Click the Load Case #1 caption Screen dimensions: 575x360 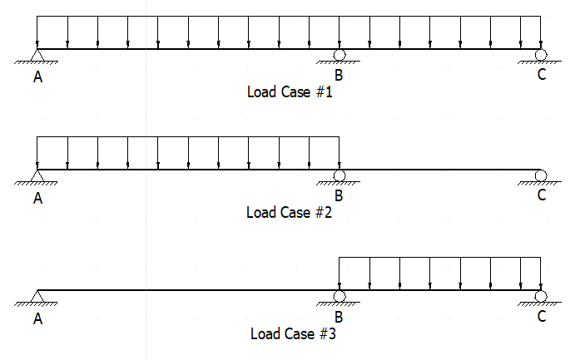coord(290,92)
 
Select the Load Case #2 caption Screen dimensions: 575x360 coord(289,213)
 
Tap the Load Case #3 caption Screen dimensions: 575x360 coord(293,333)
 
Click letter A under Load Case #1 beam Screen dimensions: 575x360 coord(37,77)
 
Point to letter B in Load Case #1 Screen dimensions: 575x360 coord(339,75)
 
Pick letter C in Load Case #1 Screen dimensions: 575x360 coord(542,74)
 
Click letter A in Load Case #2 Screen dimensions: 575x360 coord(37,198)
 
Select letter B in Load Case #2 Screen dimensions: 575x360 coord(339,196)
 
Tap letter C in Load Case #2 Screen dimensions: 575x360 coord(542,195)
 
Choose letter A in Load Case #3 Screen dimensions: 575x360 coord(37,319)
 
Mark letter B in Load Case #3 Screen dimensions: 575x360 coord(339,317)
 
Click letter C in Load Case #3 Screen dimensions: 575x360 coord(542,316)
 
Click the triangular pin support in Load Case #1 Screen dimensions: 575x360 coord(37,55)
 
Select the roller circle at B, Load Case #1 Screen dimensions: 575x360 coord(340,55)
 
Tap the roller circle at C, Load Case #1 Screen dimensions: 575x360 coord(541,55)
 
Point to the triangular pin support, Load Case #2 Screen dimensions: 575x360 coord(37,175)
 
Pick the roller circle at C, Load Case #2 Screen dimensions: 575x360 coord(541,175)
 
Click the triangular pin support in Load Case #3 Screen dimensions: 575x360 coord(37,296)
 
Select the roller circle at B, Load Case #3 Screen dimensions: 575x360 coord(340,296)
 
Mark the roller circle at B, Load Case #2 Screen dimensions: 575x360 coord(340,175)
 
